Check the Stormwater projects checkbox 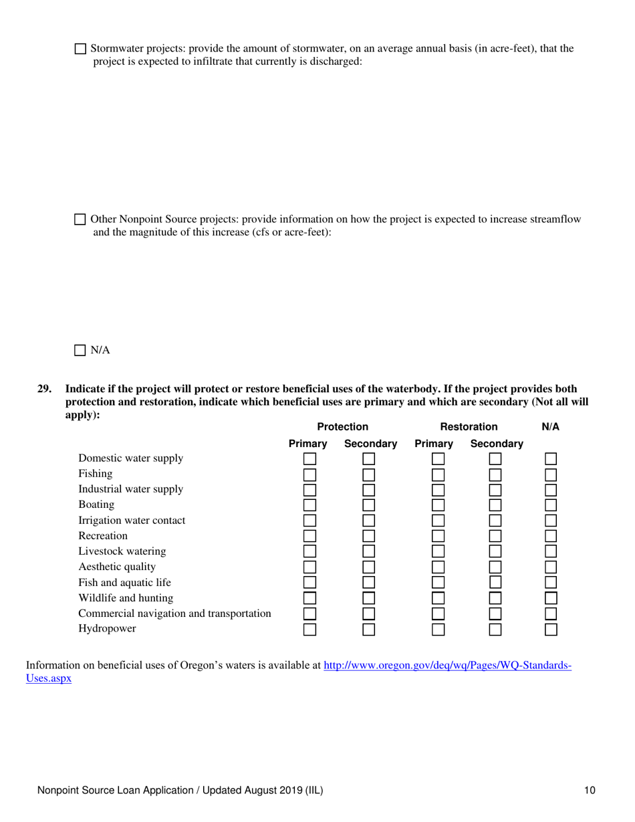[80, 49]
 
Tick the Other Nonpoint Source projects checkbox [80, 219]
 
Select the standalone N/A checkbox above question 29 [80, 350]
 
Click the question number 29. [44, 389]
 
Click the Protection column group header [342, 426]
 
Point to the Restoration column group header [473, 426]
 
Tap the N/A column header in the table [550, 426]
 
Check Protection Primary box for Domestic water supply [309, 458]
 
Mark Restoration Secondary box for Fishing [495, 474]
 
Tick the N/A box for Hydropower [551, 629]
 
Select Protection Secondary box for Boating [369, 505]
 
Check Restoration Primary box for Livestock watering [438, 551]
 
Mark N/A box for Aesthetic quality [551, 567]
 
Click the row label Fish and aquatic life [124, 582]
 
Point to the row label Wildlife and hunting [126, 597]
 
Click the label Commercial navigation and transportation [174, 613]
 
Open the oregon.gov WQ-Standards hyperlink [447, 666]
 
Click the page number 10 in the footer [589, 791]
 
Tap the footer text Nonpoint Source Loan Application [180, 791]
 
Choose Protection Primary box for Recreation [309, 536]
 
